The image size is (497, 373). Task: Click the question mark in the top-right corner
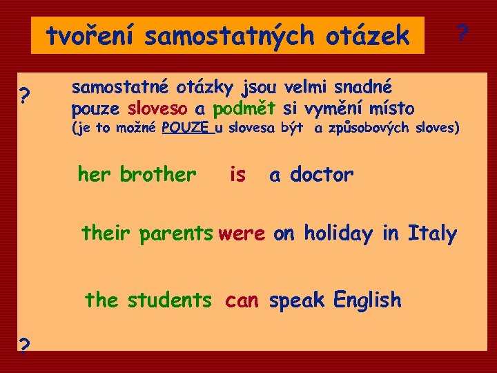[463, 32]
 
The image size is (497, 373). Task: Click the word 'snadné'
[363, 88]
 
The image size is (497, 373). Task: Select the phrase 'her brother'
[137, 174]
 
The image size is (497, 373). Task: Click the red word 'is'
[237, 175]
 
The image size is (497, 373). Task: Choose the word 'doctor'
[321, 175]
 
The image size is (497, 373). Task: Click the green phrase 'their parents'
[147, 234]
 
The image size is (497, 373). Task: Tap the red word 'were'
[242, 234]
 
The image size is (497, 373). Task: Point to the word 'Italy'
[432, 234]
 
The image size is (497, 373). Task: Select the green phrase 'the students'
[148, 300]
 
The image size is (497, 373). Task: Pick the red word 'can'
[242, 300]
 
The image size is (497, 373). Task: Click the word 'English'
[367, 300]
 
